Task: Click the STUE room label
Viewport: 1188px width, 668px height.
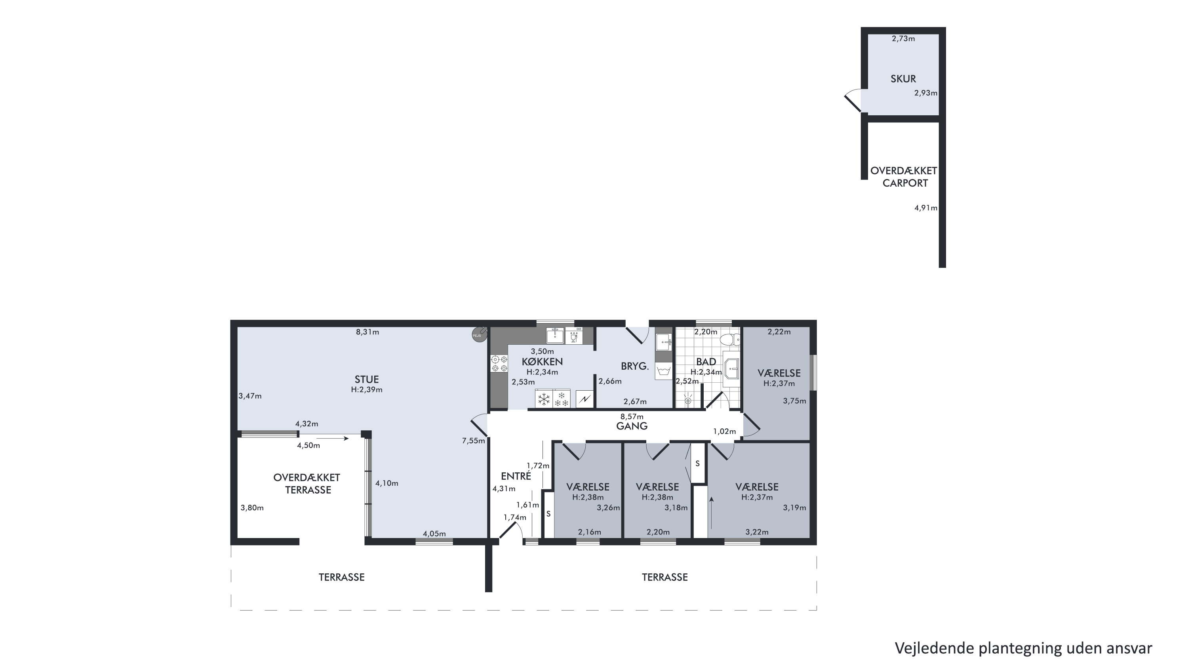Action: coord(367,379)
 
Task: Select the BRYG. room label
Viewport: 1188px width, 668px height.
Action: coord(634,366)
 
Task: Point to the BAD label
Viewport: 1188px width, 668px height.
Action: coord(706,362)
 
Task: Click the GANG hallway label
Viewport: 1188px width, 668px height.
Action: coord(632,426)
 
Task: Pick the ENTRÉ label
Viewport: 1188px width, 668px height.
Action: coord(516,476)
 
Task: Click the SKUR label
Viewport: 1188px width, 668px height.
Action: coord(903,79)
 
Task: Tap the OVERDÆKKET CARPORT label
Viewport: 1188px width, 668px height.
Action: coord(904,177)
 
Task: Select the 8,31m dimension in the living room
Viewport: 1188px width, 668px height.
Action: coord(367,332)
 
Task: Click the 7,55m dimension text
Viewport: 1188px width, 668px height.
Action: coord(474,441)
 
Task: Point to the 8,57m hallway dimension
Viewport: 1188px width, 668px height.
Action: coord(632,416)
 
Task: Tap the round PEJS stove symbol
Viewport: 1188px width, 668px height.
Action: coord(479,334)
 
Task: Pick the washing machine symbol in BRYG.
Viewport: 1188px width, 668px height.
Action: coord(663,371)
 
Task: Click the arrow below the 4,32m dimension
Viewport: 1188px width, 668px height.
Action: coord(333,438)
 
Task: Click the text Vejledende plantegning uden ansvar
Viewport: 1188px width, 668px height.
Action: coord(1023,648)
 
